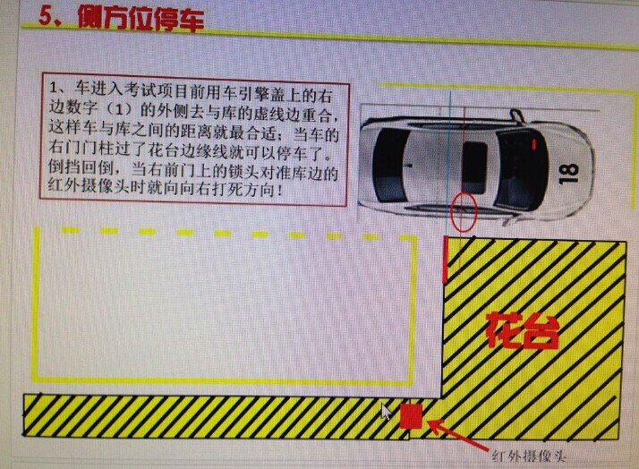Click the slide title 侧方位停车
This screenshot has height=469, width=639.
[x=141, y=19]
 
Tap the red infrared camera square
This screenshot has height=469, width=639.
[x=411, y=416]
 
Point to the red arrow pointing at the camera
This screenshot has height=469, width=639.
[x=457, y=435]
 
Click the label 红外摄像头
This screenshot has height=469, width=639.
[x=530, y=456]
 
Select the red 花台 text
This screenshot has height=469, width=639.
[x=523, y=330]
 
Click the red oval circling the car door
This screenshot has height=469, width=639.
[x=464, y=211]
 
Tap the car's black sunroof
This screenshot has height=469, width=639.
[x=474, y=168]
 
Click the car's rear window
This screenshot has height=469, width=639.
[x=391, y=166]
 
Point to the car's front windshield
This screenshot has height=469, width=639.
[x=520, y=170]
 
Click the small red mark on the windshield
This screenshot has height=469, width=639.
[x=534, y=144]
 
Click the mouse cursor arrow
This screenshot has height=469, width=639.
[x=386, y=412]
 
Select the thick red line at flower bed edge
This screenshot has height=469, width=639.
[x=446, y=260]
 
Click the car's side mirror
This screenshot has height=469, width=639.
[x=515, y=115]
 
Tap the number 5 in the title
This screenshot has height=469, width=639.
[x=46, y=16]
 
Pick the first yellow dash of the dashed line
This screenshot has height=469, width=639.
[x=70, y=230]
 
